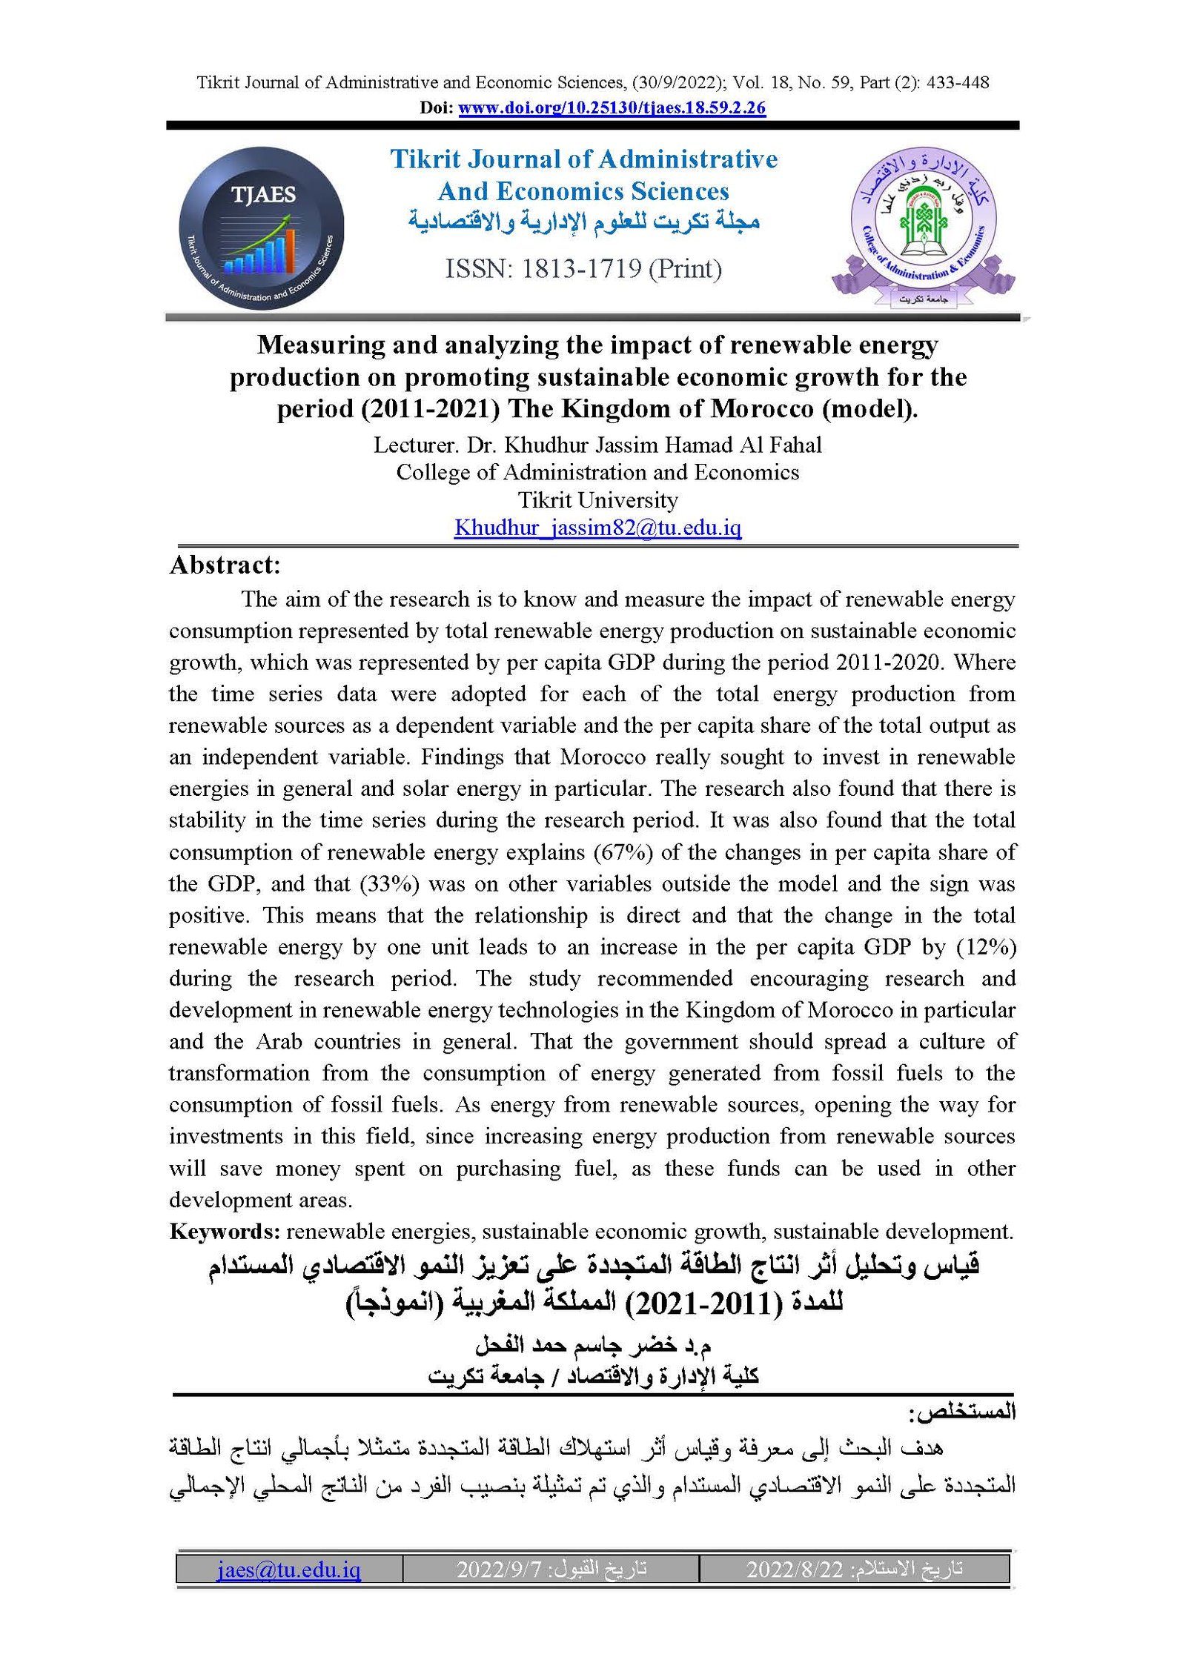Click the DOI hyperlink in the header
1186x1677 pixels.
click(612, 108)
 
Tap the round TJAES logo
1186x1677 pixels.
click(261, 228)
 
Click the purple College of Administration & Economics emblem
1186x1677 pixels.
click(923, 226)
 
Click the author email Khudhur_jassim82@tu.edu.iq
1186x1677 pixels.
click(597, 528)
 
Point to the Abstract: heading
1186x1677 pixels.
click(225, 565)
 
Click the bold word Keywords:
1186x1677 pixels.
click(224, 1231)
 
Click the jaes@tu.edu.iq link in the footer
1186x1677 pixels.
click(288, 1569)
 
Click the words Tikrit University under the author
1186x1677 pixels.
click(597, 500)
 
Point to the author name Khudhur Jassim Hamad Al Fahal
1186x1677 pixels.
click(663, 445)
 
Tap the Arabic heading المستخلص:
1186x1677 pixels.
click(961, 1412)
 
